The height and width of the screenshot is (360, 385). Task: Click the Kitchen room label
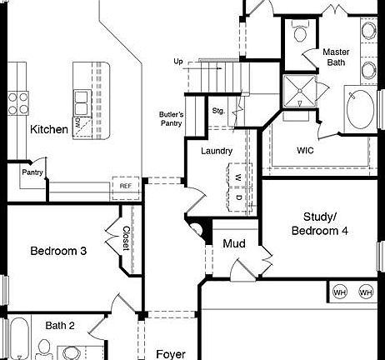49,129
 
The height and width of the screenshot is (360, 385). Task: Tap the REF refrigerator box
126,188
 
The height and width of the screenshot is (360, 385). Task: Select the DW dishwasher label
77,122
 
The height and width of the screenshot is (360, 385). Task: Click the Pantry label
32,172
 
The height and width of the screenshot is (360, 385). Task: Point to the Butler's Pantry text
171,119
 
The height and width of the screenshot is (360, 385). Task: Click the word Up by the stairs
178,62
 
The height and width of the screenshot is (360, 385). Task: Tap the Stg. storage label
218,111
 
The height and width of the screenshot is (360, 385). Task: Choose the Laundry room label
217,151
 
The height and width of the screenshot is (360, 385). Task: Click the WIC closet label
305,151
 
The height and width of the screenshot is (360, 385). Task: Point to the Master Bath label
336,57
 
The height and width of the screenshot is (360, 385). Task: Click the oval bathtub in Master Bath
360,109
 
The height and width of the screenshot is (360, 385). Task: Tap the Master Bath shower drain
300,91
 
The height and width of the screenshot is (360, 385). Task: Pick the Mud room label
234,243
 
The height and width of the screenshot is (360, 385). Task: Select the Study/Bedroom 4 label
319,224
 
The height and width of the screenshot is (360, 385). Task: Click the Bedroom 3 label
58,251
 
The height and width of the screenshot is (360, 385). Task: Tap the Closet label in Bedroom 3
127,238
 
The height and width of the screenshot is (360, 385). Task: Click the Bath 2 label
60,325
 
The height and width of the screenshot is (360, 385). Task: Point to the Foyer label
171,354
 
